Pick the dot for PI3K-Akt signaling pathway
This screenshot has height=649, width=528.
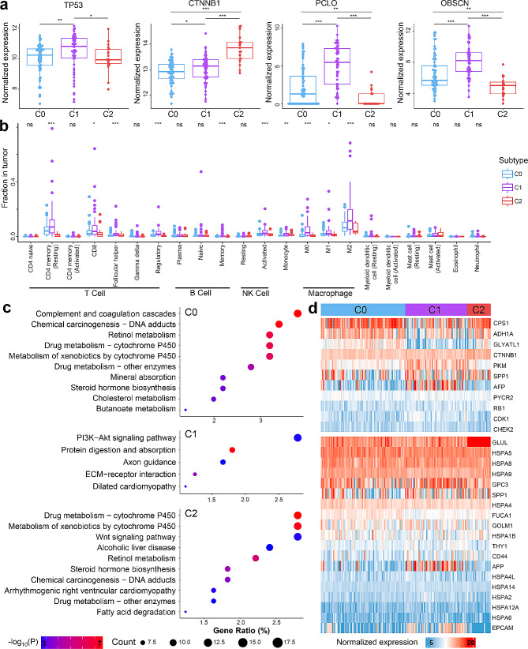[297, 437]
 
